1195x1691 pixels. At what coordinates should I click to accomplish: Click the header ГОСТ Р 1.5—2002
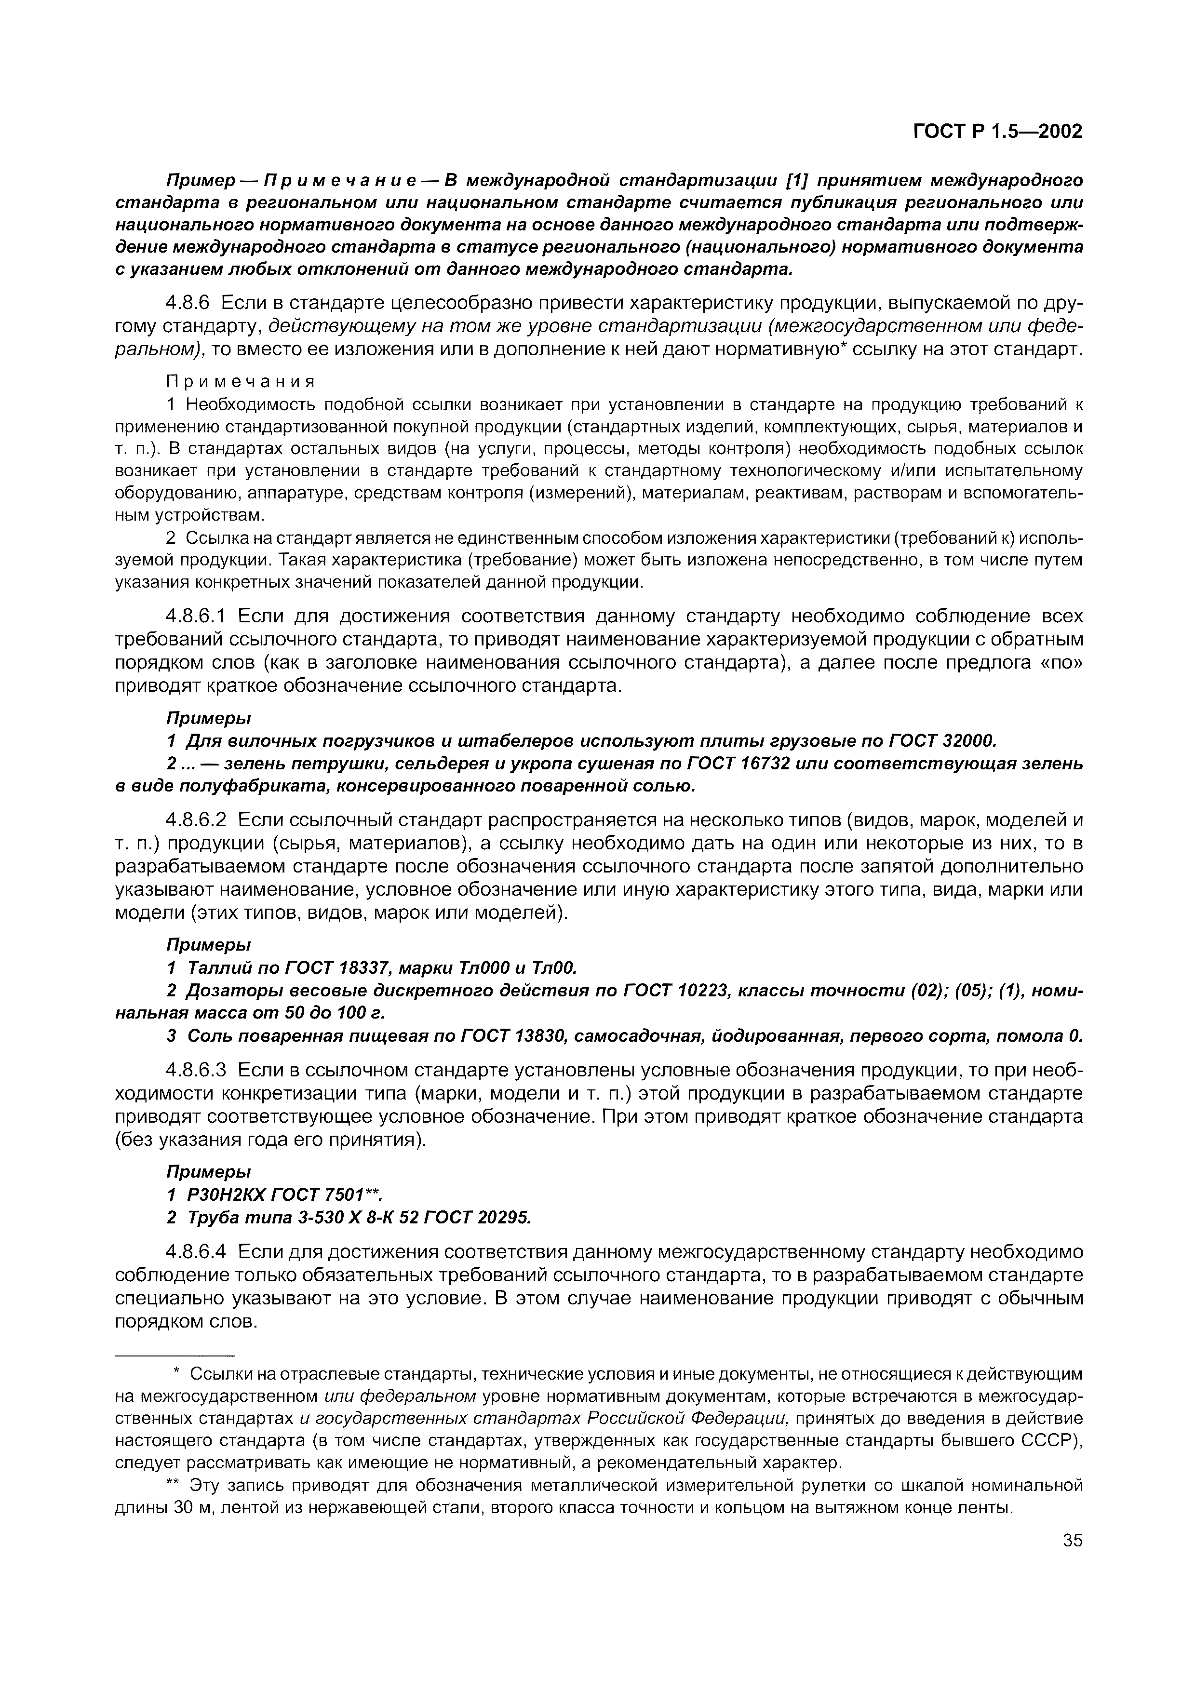997,132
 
